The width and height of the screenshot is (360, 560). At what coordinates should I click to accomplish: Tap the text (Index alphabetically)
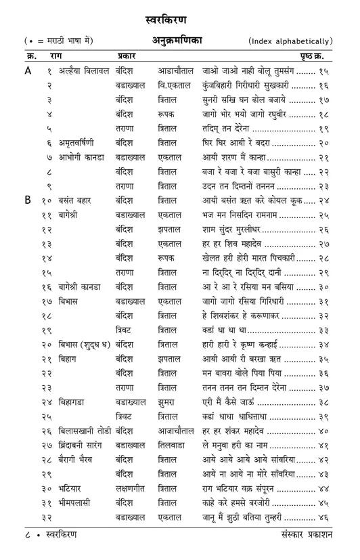(290, 41)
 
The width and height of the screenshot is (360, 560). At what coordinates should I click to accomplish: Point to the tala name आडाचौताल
(176, 70)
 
